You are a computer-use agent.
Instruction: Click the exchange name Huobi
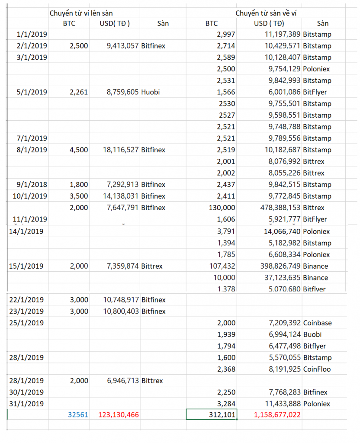point(151,92)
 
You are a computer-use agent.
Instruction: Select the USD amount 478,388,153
point(276,208)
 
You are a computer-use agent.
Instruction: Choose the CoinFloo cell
point(318,369)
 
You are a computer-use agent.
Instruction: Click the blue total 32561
point(78,414)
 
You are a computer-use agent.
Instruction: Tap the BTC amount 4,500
point(78,150)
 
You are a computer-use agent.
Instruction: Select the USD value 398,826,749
point(276,266)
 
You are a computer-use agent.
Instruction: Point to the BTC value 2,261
point(78,92)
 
